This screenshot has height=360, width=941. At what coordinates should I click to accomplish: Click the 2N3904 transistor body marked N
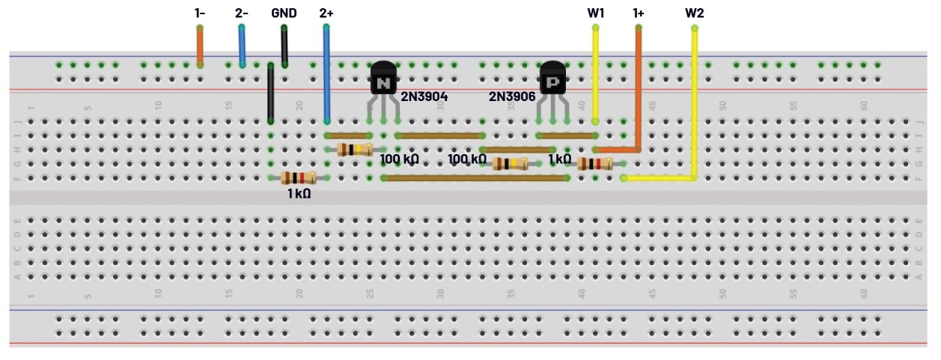click(383, 78)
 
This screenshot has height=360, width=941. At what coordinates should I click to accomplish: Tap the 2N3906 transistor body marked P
click(552, 78)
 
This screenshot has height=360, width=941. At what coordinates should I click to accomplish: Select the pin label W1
click(596, 13)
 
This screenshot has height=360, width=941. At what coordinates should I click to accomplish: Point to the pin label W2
click(695, 13)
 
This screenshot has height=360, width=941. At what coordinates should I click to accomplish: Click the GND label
click(284, 13)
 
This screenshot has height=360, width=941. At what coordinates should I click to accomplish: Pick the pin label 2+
click(326, 13)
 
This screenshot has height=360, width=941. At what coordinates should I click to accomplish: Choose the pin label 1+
click(639, 13)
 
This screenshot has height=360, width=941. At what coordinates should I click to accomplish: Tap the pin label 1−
click(200, 13)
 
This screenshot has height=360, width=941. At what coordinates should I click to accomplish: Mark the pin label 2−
click(242, 13)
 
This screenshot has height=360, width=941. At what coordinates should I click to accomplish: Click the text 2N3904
click(424, 97)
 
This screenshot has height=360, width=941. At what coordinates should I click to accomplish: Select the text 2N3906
click(512, 97)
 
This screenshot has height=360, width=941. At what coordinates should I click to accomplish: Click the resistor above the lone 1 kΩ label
click(298, 177)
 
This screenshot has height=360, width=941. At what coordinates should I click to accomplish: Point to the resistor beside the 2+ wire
click(355, 150)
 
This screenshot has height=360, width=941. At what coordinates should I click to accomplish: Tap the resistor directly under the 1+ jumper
click(595, 164)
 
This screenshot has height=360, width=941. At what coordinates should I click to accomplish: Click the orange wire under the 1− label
click(200, 46)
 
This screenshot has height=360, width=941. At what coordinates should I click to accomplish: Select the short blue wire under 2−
click(242, 46)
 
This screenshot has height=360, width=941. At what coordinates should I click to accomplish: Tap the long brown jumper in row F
click(475, 178)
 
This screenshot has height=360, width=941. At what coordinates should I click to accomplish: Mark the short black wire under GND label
click(284, 46)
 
